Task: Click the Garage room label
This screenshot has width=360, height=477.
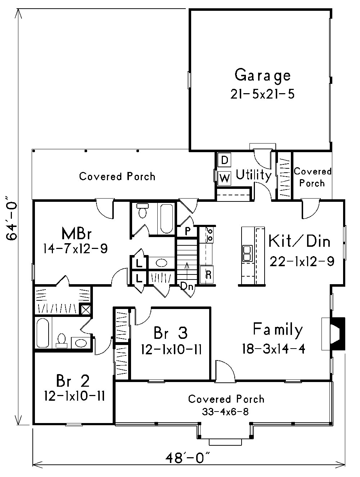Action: [x=262, y=76]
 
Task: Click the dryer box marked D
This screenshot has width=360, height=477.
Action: [x=224, y=160]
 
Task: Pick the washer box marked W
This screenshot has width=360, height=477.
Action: [x=224, y=178]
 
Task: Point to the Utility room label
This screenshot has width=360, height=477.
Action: [x=253, y=175]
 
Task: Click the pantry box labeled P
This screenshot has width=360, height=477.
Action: [x=188, y=231]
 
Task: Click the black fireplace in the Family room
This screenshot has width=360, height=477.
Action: [x=338, y=333]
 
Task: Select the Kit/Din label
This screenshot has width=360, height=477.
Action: [x=299, y=241]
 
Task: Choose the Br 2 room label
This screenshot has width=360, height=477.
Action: [x=73, y=380]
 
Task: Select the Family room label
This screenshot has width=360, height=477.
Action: [x=278, y=330]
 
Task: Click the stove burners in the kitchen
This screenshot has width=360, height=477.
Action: [x=210, y=235]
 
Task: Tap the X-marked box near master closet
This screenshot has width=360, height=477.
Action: [x=85, y=309]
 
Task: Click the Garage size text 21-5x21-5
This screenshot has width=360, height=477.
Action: [x=262, y=94]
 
